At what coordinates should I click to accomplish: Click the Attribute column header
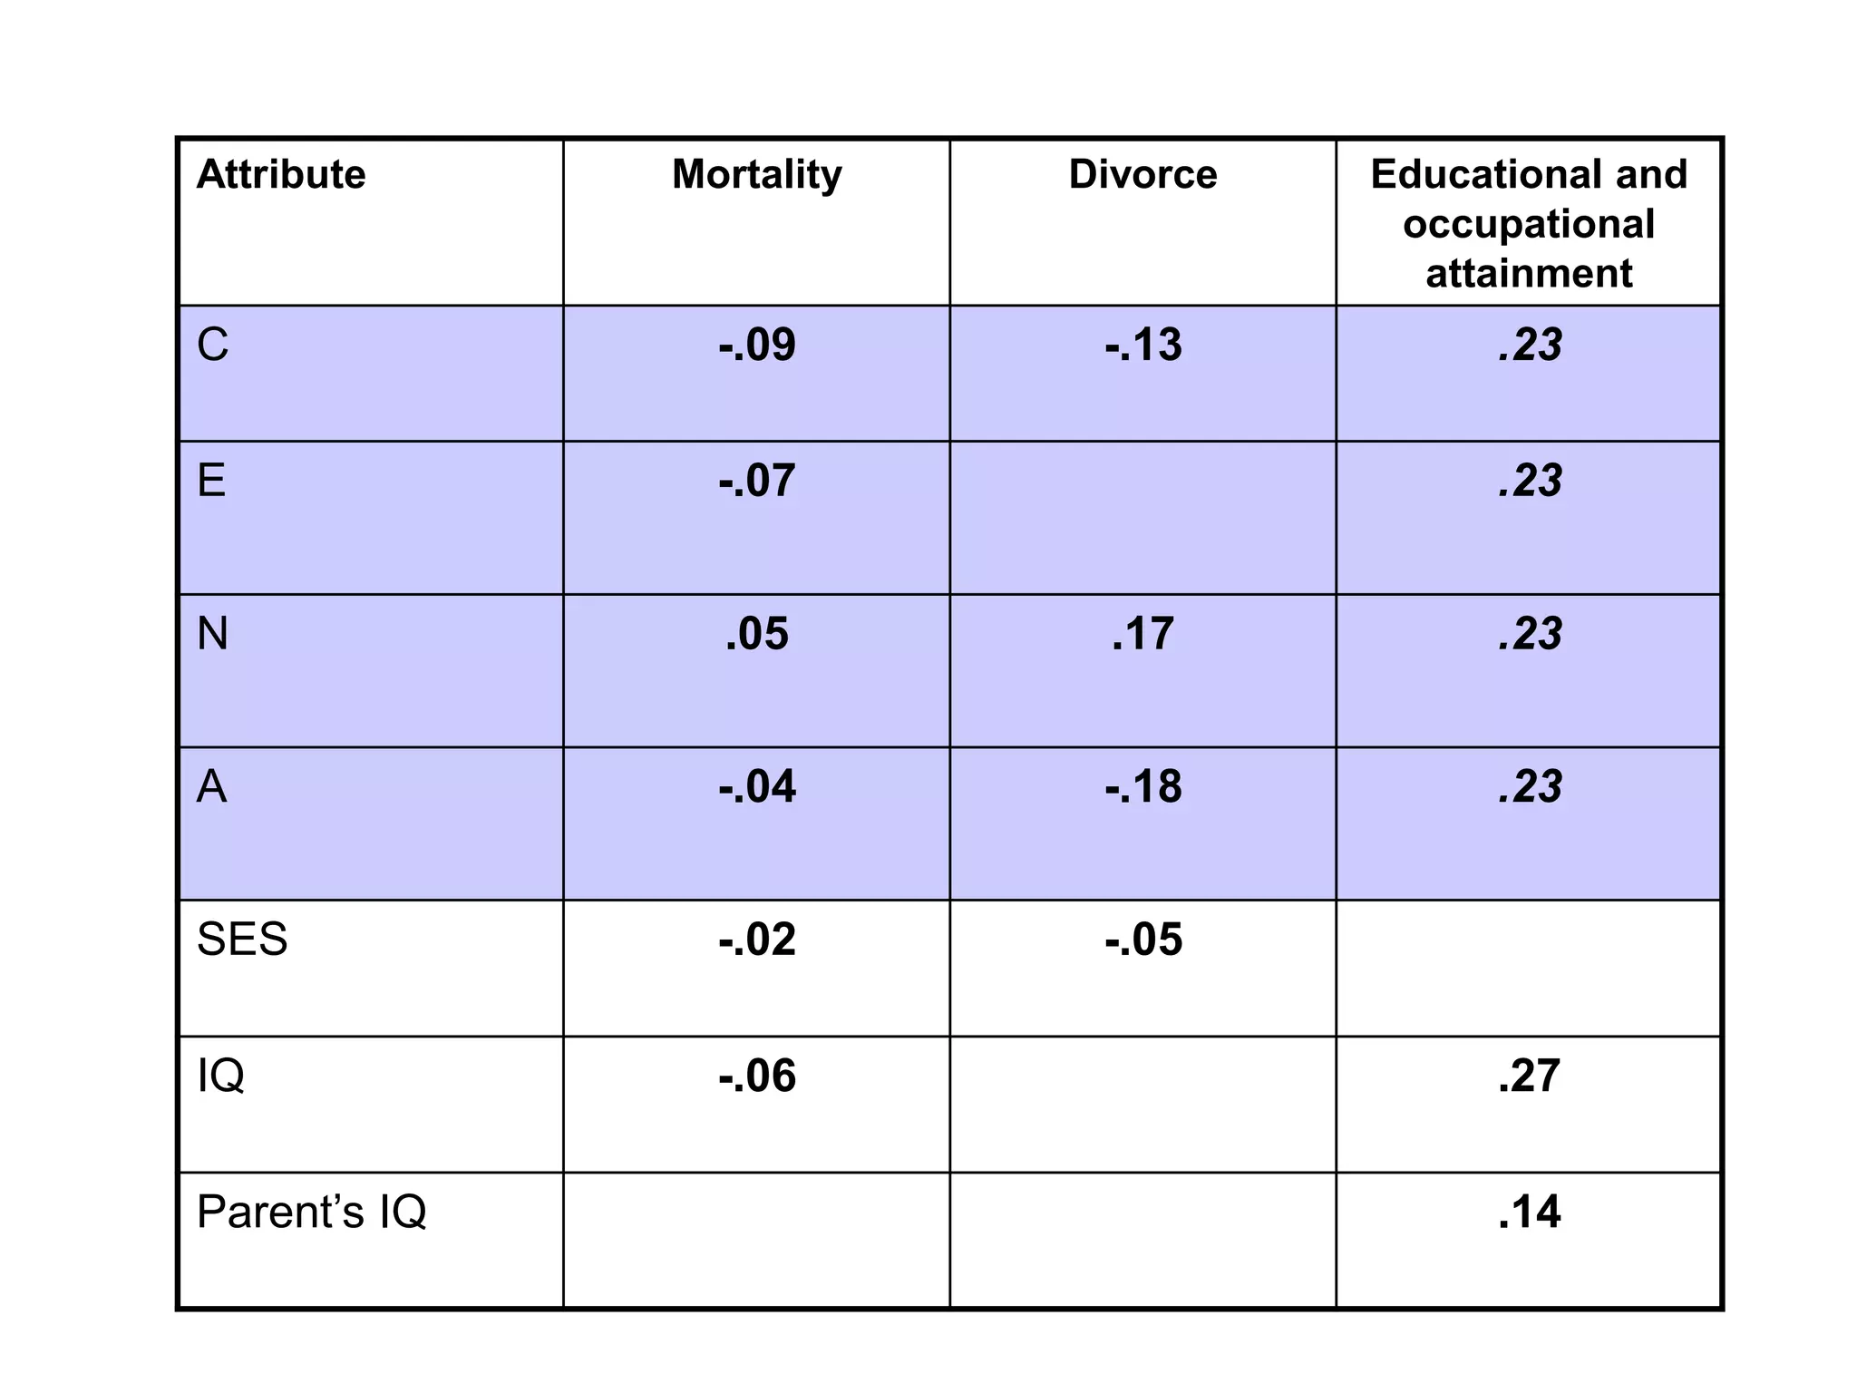pyautogui.click(x=281, y=174)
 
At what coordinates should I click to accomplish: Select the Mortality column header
pyautogui.click(x=756, y=174)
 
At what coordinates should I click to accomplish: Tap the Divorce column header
pyautogui.click(x=1142, y=174)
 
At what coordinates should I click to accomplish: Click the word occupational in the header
pyautogui.click(x=1529, y=224)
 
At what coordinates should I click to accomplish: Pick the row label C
pyautogui.click(x=213, y=345)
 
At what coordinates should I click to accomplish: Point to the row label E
pyautogui.click(x=211, y=480)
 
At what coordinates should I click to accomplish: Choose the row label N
pyautogui.click(x=213, y=633)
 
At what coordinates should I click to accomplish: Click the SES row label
pyautogui.click(x=242, y=939)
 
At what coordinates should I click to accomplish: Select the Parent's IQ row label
pyautogui.click(x=311, y=1211)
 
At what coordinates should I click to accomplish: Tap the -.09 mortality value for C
pyautogui.click(x=756, y=345)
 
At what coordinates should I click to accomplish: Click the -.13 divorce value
pyautogui.click(x=1142, y=345)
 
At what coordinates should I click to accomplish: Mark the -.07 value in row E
pyautogui.click(x=756, y=480)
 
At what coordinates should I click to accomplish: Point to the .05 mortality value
pyautogui.click(x=756, y=633)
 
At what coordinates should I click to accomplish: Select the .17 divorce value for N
pyautogui.click(x=1142, y=633)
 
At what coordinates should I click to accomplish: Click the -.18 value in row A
pyautogui.click(x=1142, y=786)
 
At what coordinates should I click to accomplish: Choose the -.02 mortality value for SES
pyautogui.click(x=756, y=939)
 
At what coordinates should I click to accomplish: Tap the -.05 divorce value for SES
pyautogui.click(x=1142, y=939)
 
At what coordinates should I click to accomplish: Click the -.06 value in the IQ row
pyautogui.click(x=756, y=1076)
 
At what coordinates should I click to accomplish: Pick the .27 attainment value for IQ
pyautogui.click(x=1529, y=1076)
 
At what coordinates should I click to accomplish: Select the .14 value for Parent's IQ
pyautogui.click(x=1529, y=1211)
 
